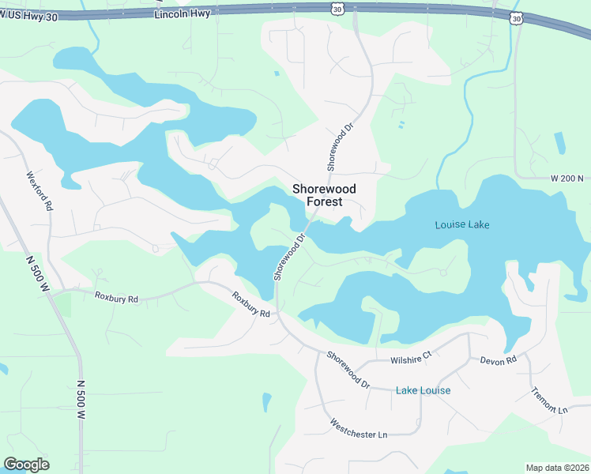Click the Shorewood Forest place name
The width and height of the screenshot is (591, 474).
pos(324,195)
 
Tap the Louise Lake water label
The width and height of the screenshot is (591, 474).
pos(462,225)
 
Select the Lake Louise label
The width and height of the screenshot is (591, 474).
pos(423,390)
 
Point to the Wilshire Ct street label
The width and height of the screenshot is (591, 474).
pos(411,357)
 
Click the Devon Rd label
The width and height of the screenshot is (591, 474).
pos(498,360)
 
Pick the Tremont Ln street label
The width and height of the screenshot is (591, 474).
pos(549,401)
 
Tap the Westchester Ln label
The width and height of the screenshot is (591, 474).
pos(359,429)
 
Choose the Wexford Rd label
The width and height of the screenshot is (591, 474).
pos(39,191)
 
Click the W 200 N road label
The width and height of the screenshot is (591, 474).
pos(567,179)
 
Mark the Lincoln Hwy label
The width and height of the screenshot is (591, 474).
pos(183,14)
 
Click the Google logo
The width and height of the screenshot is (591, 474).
pos(26,465)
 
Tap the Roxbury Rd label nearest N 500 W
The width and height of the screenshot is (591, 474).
pos(116,299)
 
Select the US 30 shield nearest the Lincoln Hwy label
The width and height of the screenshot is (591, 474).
pos(337,8)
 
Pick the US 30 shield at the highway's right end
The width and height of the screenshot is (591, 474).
pos(516,17)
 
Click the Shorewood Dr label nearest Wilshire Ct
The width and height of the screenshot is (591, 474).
pos(348,369)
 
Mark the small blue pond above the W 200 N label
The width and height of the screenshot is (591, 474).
pos(560,142)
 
